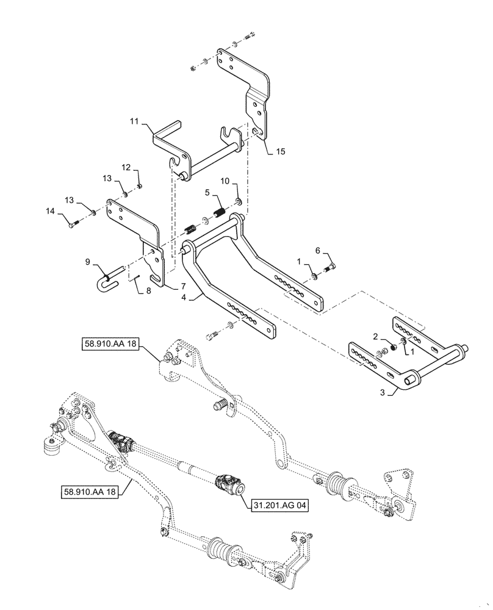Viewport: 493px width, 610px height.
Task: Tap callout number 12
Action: click(125, 167)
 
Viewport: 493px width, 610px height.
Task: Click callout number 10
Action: click(225, 181)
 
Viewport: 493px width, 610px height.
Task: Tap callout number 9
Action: click(87, 262)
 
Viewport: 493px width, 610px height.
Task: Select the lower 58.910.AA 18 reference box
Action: click(96, 489)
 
